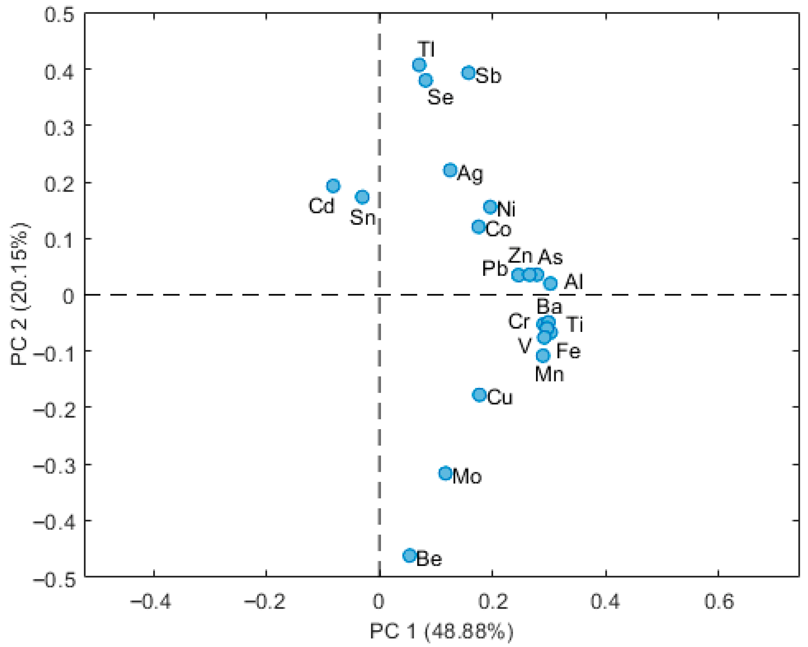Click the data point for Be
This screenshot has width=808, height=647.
pyautogui.click(x=410, y=555)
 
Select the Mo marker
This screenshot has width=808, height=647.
pyautogui.click(x=445, y=473)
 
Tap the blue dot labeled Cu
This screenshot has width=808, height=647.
pyautogui.click(x=479, y=395)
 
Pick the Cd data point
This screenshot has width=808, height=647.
pyautogui.click(x=333, y=186)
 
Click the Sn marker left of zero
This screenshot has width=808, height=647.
pyautogui.click(x=362, y=197)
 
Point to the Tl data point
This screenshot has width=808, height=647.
pyautogui.click(x=419, y=65)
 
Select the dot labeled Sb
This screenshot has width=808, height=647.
pyautogui.click(x=469, y=73)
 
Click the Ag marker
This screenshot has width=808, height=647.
pyautogui.click(x=451, y=170)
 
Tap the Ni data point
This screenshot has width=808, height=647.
pyautogui.click(x=490, y=207)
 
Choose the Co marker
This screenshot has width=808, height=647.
pyautogui.click(x=478, y=227)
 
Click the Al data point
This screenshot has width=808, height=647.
pyautogui.click(x=550, y=283)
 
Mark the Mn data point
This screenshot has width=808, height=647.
pyautogui.click(x=543, y=355)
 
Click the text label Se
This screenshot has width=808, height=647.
pyautogui.click(x=440, y=97)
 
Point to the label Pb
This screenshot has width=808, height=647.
pyautogui.click(x=495, y=269)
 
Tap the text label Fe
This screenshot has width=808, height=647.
pyautogui.click(x=568, y=352)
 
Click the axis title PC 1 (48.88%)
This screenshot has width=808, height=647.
pyautogui.click(x=441, y=631)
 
